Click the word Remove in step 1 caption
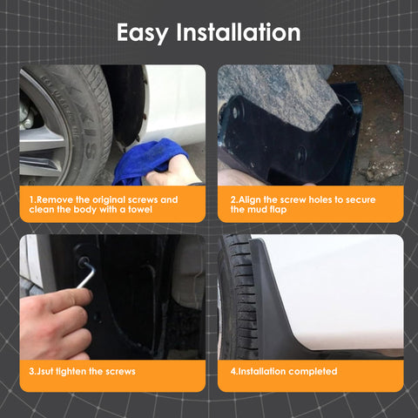[x=55, y=199]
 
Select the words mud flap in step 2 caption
[x=262, y=209]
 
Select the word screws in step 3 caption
[x=115, y=372]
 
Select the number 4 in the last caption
[x=233, y=372]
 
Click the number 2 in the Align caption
[x=233, y=199]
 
